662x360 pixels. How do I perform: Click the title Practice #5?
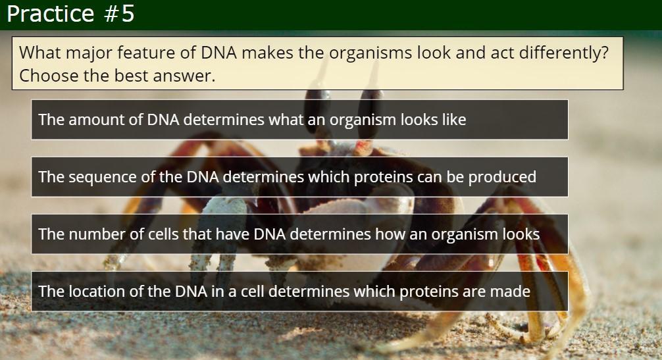[70, 14]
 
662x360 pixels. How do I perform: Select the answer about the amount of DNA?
[300, 120]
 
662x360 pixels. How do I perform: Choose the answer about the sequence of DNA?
[300, 177]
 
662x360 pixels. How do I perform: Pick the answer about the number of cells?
[300, 234]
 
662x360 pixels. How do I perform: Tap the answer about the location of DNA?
[300, 291]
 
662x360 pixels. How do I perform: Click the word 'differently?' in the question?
[564, 53]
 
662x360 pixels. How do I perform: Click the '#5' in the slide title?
[119, 14]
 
